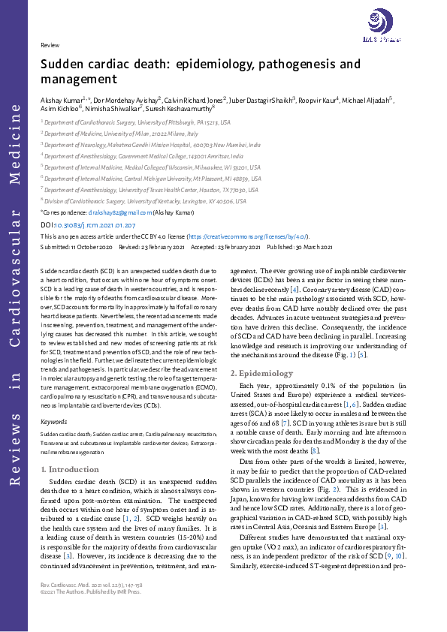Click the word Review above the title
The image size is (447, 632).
click(x=49, y=45)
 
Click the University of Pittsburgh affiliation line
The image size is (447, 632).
click(x=137, y=121)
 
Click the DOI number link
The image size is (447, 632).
click(x=94, y=224)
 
